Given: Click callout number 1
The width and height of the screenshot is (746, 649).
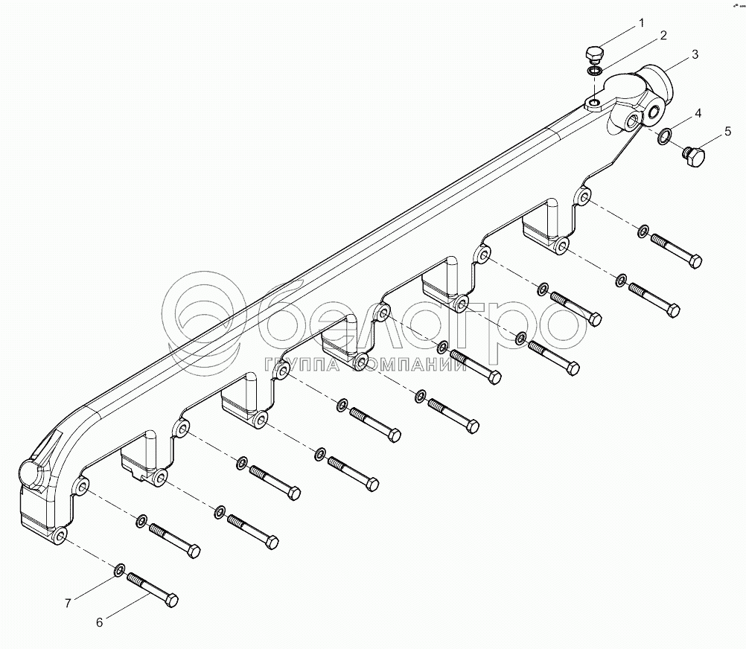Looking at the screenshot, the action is pyautogui.click(x=641, y=24).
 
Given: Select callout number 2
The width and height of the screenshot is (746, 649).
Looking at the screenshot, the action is pyautogui.click(x=663, y=35).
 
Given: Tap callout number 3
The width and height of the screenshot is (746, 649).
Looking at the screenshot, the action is pyautogui.click(x=694, y=54).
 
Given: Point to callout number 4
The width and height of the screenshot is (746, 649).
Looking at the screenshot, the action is pyautogui.click(x=698, y=113).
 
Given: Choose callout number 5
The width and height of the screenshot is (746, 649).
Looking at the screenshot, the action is pyautogui.click(x=727, y=134).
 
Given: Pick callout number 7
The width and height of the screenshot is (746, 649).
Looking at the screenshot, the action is pyautogui.click(x=68, y=603).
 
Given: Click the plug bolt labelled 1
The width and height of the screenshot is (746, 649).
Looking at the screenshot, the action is pyautogui.click(x=593, y=55).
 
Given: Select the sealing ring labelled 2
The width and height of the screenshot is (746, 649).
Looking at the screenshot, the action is pyautogui.click(x=594, y=71).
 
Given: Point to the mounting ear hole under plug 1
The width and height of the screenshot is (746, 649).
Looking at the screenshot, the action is pyautogui.click(x=594, y=102).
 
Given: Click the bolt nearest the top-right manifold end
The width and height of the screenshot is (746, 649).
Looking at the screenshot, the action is pyautogui.click(x=676, y=250).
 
